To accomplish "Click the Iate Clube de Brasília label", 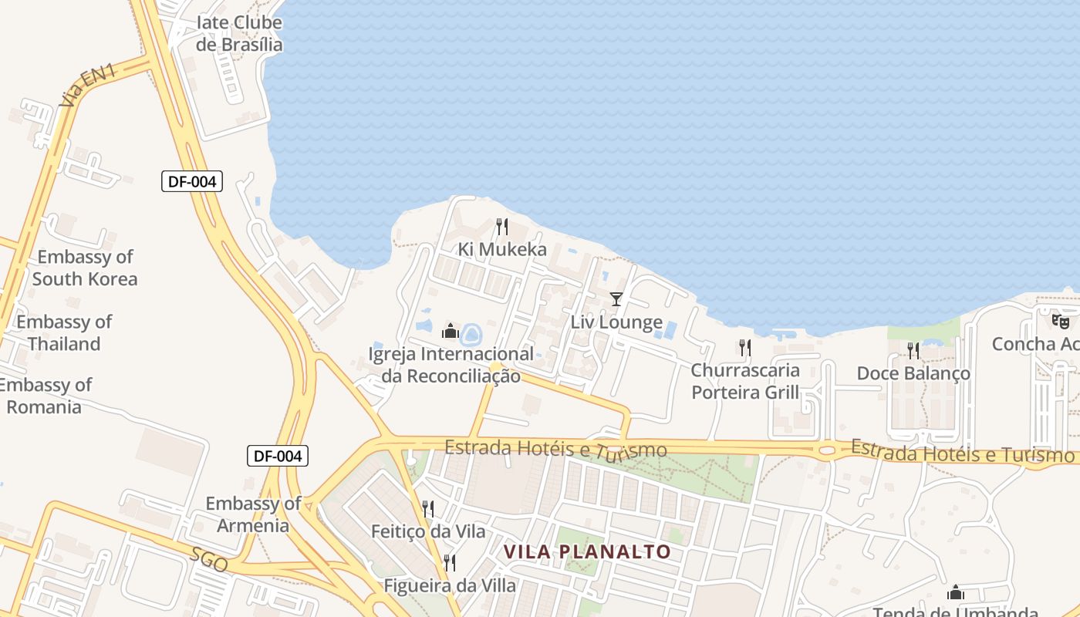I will click(x=239, y=33).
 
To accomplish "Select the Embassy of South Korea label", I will click(x=85, y=268).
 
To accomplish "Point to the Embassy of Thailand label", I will click(x=65, y=332).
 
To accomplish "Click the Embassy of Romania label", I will click(x=46, y=395).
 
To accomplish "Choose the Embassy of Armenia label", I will click(x=253, y=514).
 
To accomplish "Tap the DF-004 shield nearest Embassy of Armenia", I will click(x=278, y=456).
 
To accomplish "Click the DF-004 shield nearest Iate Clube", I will click(x=192, y=182).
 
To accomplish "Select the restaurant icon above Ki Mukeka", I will click(x=502, y=227).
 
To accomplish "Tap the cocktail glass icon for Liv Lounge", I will click(x=616, y=299).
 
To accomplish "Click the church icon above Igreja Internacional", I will click(x=451, y=332).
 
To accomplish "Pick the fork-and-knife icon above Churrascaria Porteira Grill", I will click(x=744, y=348).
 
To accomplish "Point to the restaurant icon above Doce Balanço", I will click(x=913, y=351).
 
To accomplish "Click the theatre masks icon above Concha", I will click(x=1060, y=321).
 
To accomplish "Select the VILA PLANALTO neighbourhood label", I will click(x=587, y=551).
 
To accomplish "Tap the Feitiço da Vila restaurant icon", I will click(x=428, y=508).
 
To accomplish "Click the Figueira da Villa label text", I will click(x=450, y=585).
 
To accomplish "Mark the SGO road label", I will click(x=209, y=561).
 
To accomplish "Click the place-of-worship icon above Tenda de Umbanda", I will click(x=956, y=592).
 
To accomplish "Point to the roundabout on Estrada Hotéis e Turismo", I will click(x=826, y=449).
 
